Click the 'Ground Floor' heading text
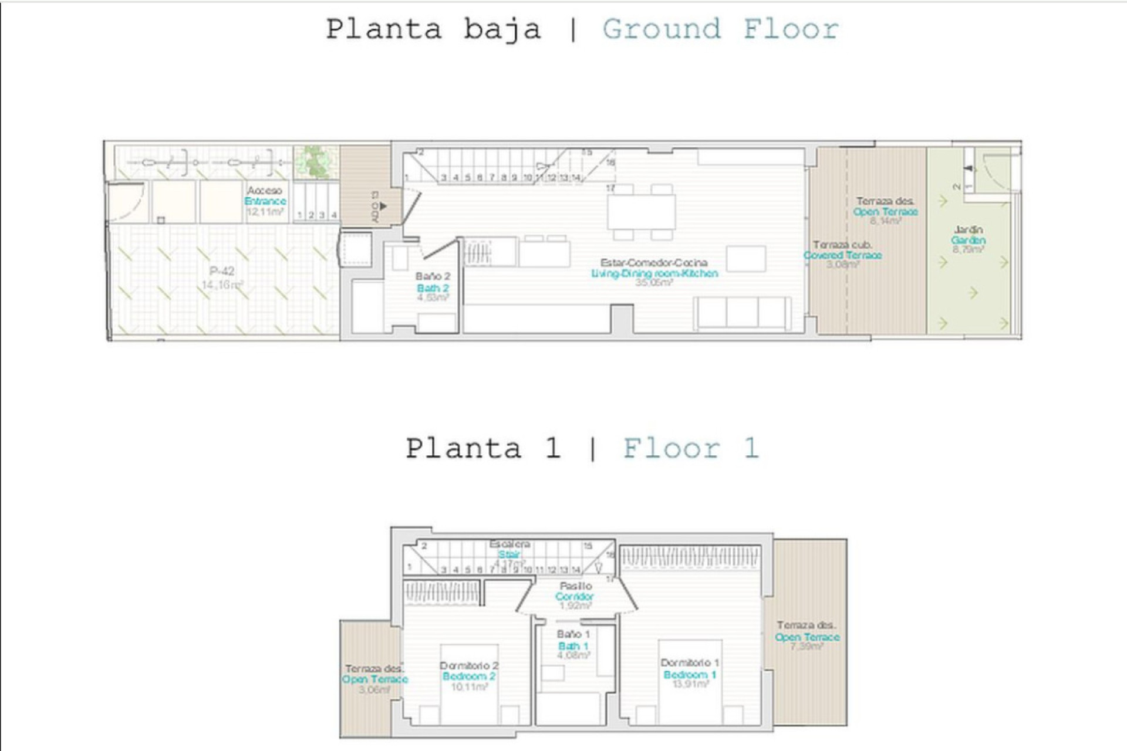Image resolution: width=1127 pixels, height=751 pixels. click(x=720, y=29)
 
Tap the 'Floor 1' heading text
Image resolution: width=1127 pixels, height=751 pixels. click(x=691, y=449)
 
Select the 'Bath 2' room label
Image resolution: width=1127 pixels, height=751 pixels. click(x=433, y=287)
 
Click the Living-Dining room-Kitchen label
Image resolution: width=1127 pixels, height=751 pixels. click(x=654, y=273)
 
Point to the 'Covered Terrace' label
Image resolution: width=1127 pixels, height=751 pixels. click(x=842, y=255)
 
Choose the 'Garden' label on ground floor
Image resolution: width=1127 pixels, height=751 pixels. click(x=968, y=240)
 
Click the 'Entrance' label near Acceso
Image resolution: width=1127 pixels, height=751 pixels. click(x=265, y=201)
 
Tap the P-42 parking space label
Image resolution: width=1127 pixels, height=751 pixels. click(x=222, y=271)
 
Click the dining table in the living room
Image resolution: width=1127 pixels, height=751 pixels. click(x=641, y=212)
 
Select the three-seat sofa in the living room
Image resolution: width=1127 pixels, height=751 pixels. click(x=741, y=313)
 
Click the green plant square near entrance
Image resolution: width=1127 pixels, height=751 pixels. click(x=316, y=162)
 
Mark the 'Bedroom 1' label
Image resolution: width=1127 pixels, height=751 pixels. click(x=690, y=675)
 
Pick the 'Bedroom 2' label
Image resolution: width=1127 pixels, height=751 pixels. click(x=468, y=676)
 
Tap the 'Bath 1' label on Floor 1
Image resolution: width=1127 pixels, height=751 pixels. click(x=573, y=646)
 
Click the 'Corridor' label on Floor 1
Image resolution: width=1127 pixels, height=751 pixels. click(x=575, y=596)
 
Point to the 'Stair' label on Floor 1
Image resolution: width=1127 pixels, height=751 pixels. click(x=509, y=554)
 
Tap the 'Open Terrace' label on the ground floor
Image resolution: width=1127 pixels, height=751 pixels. click(x=885, y=212)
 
